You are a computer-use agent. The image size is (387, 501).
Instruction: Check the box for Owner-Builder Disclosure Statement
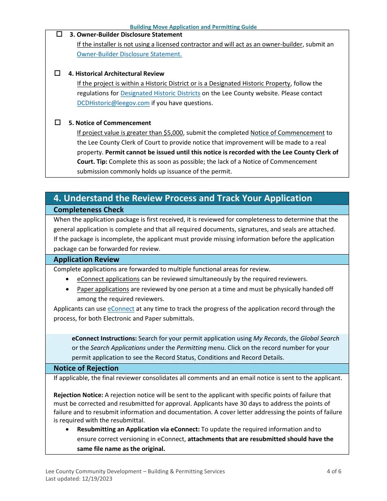click(x=59, y=34)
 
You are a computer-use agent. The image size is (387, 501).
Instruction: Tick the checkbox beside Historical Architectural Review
click(x=57, y=73)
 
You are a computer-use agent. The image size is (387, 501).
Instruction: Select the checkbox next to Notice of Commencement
click(x=57, y=122)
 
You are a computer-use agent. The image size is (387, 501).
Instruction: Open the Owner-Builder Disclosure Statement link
click(x=129, y=54)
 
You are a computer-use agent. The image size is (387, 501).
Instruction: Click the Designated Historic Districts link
click(x=160, y=93)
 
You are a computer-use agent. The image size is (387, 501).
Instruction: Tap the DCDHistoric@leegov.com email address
click(x=113, y=103)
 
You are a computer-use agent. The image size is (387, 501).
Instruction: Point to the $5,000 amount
click(x=173, y=133)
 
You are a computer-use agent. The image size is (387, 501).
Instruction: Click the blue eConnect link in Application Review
click(x=121, y=309)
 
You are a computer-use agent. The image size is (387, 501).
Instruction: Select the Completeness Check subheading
click(x=88, y=210)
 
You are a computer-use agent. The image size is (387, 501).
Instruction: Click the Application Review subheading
click(x=86, y=259)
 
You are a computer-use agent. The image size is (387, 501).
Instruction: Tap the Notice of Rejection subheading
click(x=86, y=368)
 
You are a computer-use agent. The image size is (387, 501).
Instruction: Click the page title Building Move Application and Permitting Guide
click(x=193, y=27)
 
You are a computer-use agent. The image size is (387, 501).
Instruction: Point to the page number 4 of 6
click(x=334, y=471)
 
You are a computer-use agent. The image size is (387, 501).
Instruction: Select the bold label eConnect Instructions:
click(x=104, y=338)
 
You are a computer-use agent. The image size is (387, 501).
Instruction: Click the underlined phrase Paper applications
click(x=103, y=289)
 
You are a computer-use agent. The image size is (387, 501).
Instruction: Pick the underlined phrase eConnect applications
click(x=108, y=279)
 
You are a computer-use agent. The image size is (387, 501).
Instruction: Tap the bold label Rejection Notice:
click(x=78, y=395)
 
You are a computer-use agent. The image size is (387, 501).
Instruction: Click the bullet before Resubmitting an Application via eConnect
click(x=67, y=429)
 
